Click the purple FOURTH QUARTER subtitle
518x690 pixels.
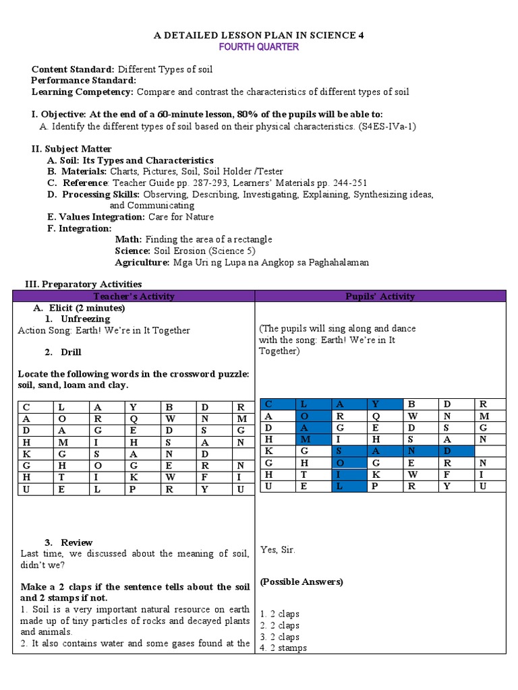pos(258,47)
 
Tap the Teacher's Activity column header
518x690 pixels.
pos(134,296)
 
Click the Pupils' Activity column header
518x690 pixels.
pos(380,296)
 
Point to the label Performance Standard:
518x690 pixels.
pos(84,80)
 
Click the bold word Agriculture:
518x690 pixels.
pos(142,262)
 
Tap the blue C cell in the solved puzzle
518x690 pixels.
pos(268,404)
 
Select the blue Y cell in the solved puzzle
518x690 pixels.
pos(375,404)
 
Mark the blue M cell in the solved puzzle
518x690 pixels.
pos(304,439)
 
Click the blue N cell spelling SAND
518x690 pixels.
pos(411,451)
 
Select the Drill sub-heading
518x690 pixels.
pos(71,352)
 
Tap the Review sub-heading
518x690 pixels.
pos(76,542)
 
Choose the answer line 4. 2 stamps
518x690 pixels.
pos(283,648)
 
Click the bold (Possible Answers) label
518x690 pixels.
pos(301,582)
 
